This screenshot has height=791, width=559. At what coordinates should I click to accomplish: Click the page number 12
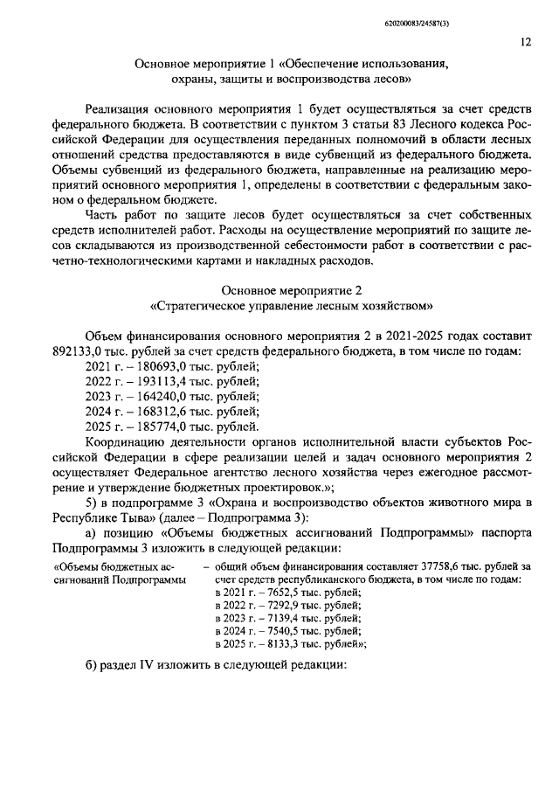click(x=525, y=41)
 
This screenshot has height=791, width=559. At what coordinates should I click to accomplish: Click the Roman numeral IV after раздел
click(x=148, y=687)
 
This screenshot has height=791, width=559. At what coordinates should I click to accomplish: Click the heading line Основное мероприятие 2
click(x=279, y=290)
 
